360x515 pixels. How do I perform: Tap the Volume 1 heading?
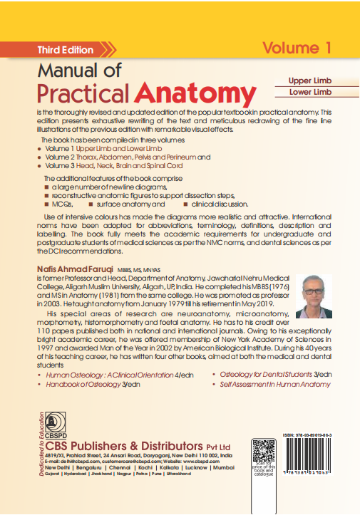(297, 48)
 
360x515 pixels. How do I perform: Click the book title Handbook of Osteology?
(88, 384)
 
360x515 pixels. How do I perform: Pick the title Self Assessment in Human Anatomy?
(275, 384)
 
